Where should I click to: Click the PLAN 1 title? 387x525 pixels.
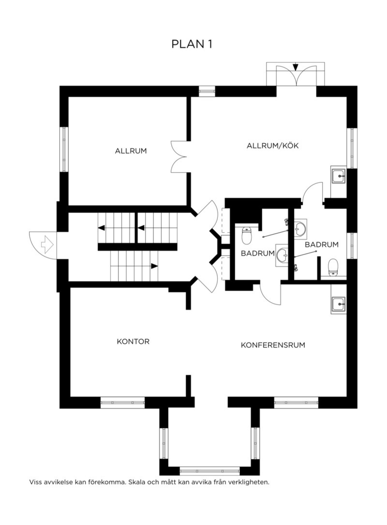pyautogui.click(x=192, y=44)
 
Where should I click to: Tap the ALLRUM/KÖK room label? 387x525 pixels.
pyautogui.click(x=273, y=145)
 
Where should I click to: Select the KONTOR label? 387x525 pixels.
pyautogui.click(x=133, y=342)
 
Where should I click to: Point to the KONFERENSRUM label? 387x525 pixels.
pyautogui.click(x=273, y=345)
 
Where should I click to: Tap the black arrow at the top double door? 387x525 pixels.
pyautogui.click(x=296, y=67)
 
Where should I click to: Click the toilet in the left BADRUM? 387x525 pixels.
pyautogui.click(x=246, y=235)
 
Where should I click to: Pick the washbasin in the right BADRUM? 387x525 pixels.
pyautogui.click(x=300, y=229)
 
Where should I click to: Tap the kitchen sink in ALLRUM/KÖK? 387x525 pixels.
pyautogui.click(x=339, y=175)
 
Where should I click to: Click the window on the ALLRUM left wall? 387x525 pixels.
pyautogui.click(x=64, y=149)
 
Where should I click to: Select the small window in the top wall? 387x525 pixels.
pyautogui.click(x=207, y=91)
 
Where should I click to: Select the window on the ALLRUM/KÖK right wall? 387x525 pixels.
pyautogui.click(x=352, y=148)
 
